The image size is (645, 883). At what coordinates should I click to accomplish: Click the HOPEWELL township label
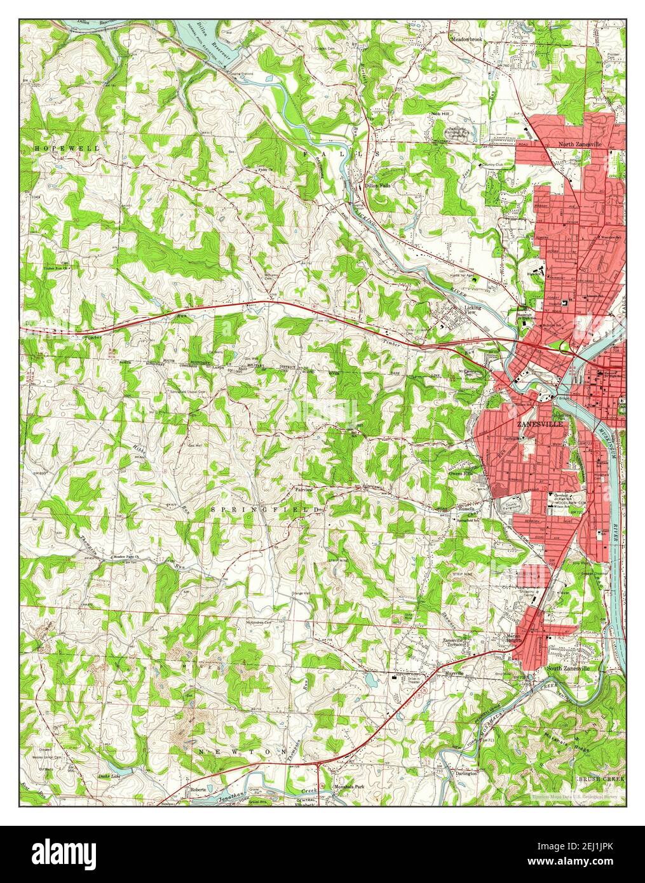click(59, 148)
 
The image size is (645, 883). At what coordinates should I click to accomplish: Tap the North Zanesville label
click(580, 144)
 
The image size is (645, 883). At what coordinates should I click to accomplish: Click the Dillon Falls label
click(377, 185)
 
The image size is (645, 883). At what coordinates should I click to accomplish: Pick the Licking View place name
click(473, 310)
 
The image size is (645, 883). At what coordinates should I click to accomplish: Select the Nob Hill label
click(440, 114)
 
